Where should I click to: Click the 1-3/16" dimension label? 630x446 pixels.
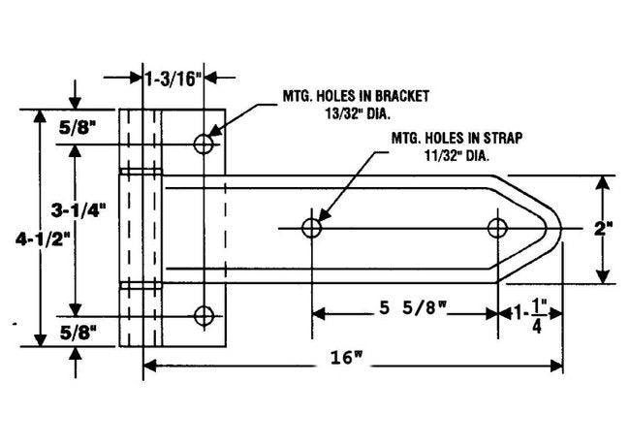(173, 79)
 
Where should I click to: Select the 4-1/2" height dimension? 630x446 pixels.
(43, 239)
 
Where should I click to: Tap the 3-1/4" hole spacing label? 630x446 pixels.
(79, 210)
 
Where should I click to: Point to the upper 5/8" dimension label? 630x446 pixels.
(78, 128)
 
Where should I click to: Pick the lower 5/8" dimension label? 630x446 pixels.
(79, 333)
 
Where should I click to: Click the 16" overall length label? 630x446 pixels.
(346, 357)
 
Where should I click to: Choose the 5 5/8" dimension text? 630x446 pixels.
(413, 308)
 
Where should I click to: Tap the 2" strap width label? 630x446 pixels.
(603, 230)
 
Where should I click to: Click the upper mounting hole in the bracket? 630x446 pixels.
(204, 143)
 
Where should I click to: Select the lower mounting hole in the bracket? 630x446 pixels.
(204, 316)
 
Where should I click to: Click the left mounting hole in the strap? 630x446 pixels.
(312, 228)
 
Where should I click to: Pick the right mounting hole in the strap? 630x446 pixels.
(497, 228)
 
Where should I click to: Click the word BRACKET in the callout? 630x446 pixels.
(402, 96)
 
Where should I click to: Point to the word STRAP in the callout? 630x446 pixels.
(503, 139)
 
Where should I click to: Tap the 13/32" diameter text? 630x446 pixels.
(359, 114)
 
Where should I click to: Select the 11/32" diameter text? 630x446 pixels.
(457, 155)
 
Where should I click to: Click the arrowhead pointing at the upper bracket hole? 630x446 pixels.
(214, 131)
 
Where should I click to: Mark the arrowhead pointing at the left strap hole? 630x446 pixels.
(324, 215)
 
